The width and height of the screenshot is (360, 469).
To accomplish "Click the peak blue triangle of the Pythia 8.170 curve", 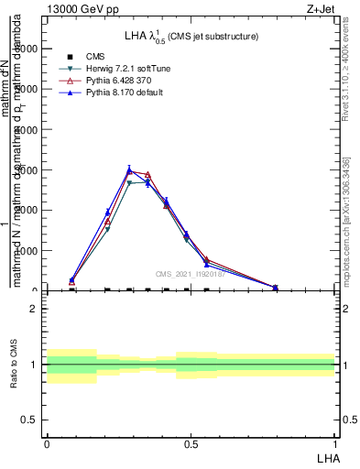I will pyautogui.click(x=130, y=169).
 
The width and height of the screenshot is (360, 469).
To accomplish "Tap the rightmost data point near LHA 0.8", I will pyautogui.click(x=276, y=288).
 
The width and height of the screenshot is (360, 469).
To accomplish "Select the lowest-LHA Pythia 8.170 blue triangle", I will pyautogui.click(x=72, y=280).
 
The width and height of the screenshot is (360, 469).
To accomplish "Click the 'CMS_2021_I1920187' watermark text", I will pyautogui.click(x=189, y=273).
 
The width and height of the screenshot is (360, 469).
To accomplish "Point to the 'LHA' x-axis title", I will pyautogui.click(x=327, y=456).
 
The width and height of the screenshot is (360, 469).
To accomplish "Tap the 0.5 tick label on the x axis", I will pyautogui.click(x=191, y=443).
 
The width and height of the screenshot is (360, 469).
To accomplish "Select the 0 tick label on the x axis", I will pyautogui.click(x=47, y=443).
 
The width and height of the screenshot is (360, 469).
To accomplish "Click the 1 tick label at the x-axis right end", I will pyautogui.click(x=335, y=443).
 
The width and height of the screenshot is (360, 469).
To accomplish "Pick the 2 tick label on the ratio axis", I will pyautogui.click(x=34, y=310).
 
